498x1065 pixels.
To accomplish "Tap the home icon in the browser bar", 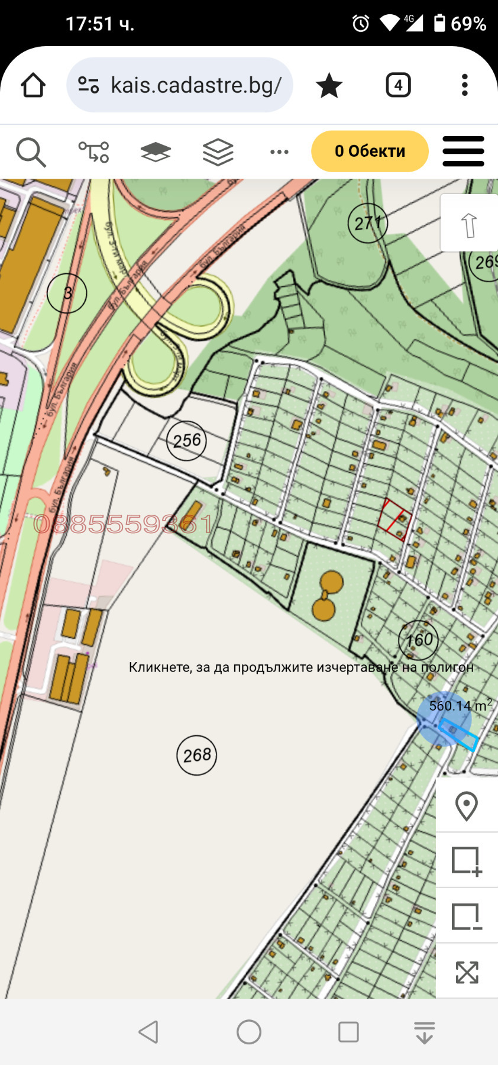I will click(x=33, y=85).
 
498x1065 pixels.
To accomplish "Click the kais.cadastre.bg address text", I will click(x=196, y=85).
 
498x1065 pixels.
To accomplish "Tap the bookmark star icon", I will click(x=329, y=86).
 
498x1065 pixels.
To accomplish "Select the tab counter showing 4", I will click(x=398, y=85).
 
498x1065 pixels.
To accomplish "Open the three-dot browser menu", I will click(x=465, y=85).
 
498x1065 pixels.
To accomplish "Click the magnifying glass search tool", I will click(x=31, y=152).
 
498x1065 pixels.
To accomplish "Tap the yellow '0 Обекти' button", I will click(x=370, y=151).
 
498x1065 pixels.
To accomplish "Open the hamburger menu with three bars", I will click(x=463, y=151).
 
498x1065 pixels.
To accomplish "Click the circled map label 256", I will click(x=187, y=441).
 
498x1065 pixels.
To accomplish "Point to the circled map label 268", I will click(x=197, y=755).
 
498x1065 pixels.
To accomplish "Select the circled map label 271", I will click(x=368, y=223).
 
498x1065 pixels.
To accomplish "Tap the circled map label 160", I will click(x=419, y=640).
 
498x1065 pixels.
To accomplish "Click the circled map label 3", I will click(x=67, y=293).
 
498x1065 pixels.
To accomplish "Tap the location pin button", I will click(x=467, y=805).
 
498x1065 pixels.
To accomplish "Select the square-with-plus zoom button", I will click(x=467, y=860).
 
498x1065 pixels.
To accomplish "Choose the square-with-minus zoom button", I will click(x=467, y=916).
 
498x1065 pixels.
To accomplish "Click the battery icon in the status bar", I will click(x=439, y=23).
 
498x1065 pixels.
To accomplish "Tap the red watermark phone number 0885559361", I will click(x=123, y=524).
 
